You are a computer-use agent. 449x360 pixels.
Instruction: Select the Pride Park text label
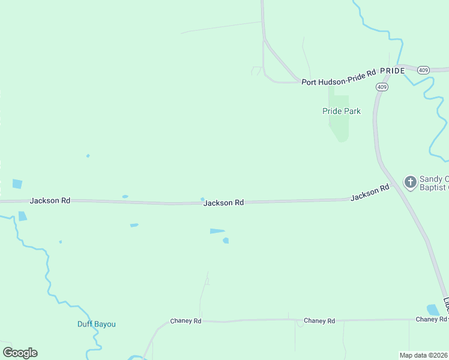click(341, 111)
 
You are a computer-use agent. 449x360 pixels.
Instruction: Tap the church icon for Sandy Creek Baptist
click(410, 182)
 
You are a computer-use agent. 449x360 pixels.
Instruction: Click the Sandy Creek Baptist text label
click(433, 183)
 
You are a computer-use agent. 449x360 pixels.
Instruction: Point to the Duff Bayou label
click(96, 325)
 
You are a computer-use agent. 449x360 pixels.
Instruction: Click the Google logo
click(20, 353)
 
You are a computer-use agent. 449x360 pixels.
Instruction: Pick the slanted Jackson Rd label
click(370, 193)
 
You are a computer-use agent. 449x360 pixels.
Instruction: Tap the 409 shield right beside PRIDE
click(424, 70)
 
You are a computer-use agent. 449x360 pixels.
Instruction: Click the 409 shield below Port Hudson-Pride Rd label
click(382, 87)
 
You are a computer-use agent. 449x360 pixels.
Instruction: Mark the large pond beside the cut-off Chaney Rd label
click(433, 310)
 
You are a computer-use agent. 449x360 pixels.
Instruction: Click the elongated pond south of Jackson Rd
click(217, 230)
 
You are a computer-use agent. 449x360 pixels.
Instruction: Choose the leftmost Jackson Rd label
click(50, 200)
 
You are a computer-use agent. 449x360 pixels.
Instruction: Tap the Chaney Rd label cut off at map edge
click(432, 320)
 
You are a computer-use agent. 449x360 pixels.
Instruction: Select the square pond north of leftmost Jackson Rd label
click(17, 184)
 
